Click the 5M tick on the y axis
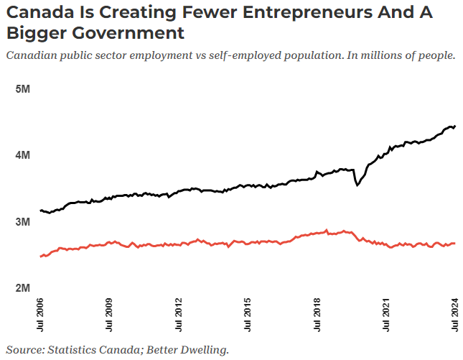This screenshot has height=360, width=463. [x=22, y=88]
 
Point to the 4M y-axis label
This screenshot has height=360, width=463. [x=22, y=155]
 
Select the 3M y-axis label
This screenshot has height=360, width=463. [x=22, y=222]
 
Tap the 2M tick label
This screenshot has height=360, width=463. [x=22, y=288]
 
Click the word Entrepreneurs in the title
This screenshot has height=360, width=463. [x=281, y=12]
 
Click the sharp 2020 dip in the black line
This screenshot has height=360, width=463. [x=357, y=185]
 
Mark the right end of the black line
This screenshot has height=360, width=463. [x=455, y=126]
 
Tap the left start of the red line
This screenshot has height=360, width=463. [x=40, y=256]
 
